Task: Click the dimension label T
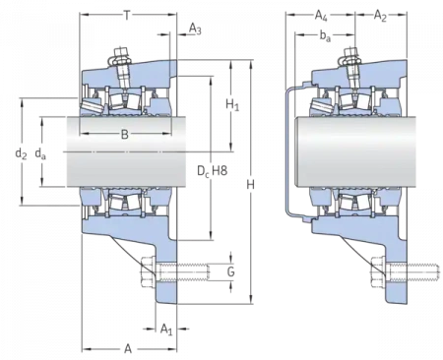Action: (127, 15)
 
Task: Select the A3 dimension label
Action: (195, 29)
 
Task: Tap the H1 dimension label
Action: (232, 105)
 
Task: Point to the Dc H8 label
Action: (213, 171)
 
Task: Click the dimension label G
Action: (231, 271)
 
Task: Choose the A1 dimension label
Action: (166, 329)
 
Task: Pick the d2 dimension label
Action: (21, 153)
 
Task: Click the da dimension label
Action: (40, 153)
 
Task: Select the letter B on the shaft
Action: (125, 135)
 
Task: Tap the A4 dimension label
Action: (321, 15)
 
